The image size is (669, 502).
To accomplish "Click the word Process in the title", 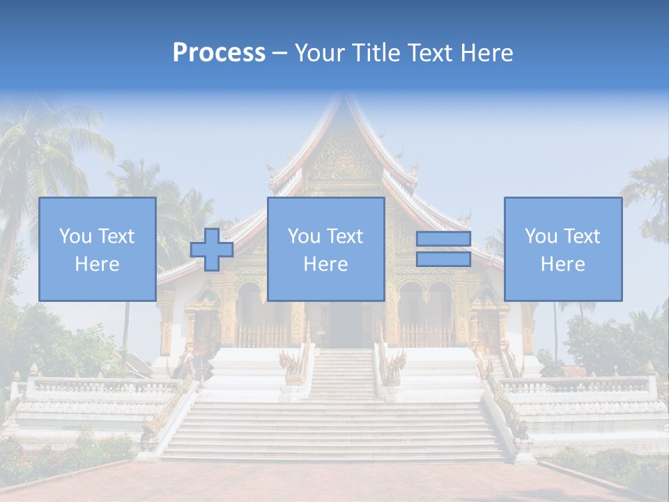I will tap(219, 53).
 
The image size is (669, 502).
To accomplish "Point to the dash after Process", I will tap(280, 54).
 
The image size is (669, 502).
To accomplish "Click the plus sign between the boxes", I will tap(212, 250).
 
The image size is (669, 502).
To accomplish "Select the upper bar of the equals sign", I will tap(443, 239).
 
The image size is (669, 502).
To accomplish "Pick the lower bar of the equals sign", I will tap(443, 259).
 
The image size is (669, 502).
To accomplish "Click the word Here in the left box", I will tap(97, 264).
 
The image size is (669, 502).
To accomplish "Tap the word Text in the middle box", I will tap(345, 236).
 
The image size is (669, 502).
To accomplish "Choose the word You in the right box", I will tap(541, 236).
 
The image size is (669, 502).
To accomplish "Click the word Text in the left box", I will tap(116, 236).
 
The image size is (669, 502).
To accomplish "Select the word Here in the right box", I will tap(562, 264).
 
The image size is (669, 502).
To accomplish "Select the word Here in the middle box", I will tap(325, 264).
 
